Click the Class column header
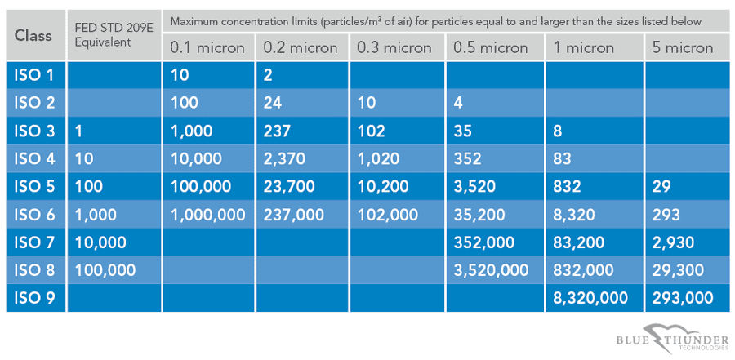tap(33, 35)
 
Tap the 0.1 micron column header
tap(207, 48)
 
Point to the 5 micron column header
tap(683, 48)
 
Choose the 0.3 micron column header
tap(394, 48)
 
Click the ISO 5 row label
tap(33, 186)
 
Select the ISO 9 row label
tap(33, 297)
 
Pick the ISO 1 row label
tap(33, 76)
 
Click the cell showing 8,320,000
tap(590, 297)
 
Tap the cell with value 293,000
tap(682, 297)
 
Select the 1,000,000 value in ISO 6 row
tap(207, 214)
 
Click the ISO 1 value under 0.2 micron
tap(269, 76)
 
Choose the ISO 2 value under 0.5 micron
tap(458, 104)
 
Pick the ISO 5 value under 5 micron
tap(661, 186)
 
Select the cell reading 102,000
tap(389, 214)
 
